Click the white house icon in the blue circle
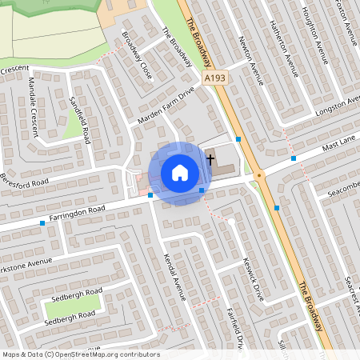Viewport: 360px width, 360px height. point(180,173)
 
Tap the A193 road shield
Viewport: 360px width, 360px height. point(214,78)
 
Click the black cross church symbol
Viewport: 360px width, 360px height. point(210,158)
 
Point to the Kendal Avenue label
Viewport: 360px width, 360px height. point(174,277)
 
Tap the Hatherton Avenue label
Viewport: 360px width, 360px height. point(284,48)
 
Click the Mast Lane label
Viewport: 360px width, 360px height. point(338,146)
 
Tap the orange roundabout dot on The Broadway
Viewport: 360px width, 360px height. point(259,175)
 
